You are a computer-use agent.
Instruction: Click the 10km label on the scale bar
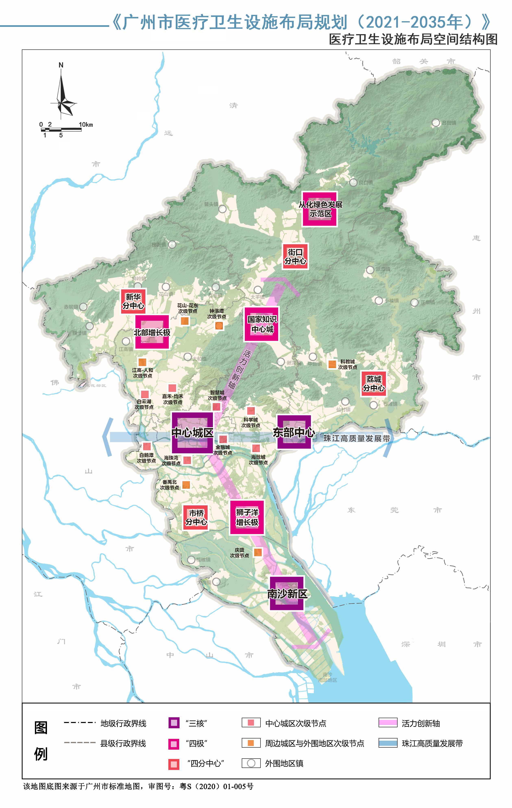86,124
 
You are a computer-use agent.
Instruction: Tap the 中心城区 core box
192,433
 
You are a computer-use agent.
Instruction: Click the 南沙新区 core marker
287,593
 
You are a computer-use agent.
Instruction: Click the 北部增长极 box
152,332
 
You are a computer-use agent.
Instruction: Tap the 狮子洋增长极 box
247,517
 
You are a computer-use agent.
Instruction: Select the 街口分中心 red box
295,256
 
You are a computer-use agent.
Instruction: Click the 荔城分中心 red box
374,384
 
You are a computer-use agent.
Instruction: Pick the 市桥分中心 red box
196,517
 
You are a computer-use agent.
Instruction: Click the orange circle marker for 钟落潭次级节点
219,325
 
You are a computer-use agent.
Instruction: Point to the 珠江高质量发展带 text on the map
357,438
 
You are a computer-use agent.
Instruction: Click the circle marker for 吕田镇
436,123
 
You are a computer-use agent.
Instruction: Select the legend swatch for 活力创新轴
388,722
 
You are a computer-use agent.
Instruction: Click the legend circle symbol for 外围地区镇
251,763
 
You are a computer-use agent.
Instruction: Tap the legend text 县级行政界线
123,743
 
